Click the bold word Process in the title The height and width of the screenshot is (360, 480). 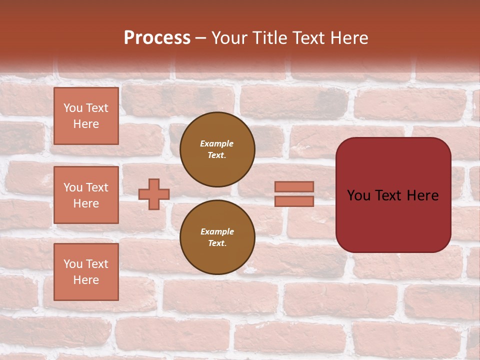point(157,38)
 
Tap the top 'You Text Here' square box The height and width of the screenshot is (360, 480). point(86,116)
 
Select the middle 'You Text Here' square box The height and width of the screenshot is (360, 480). point(86,195)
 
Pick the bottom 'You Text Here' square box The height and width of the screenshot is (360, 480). point(86,272)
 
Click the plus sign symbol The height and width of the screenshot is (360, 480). point(154,194)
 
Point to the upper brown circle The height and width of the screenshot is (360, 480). point(217,149)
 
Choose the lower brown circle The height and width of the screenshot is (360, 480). point(217,237)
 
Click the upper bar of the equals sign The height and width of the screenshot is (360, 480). point(294,186)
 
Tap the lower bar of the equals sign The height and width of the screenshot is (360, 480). point(294,201)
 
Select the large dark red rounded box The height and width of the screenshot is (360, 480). point(393,195)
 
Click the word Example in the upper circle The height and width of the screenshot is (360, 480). point(217,143)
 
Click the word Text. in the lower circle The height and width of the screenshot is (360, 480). point(217,243)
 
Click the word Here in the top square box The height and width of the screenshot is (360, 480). point(86,124)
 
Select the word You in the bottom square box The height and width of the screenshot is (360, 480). point(73,264)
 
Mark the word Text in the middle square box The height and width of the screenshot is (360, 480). point(96,187)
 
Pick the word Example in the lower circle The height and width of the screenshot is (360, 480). point(217,231)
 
